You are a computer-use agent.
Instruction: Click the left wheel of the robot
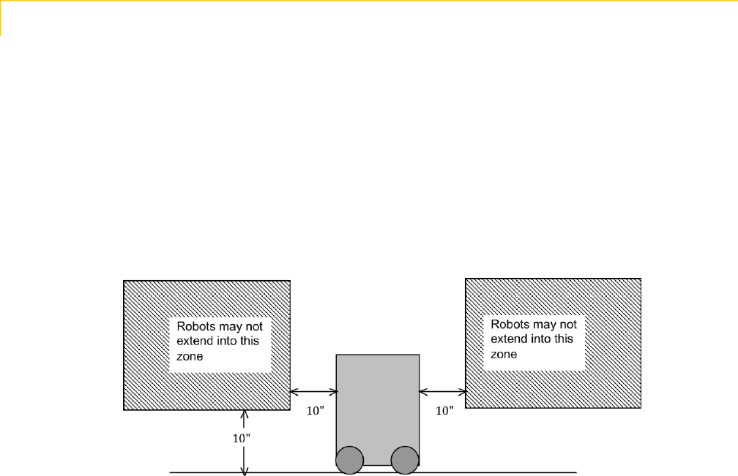point(349,460)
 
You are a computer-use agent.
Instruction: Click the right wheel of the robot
point(404,460)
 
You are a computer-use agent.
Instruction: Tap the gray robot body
point(377,398)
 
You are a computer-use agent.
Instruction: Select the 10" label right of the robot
point(444,411)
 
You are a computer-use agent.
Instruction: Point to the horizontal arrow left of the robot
point(313,391)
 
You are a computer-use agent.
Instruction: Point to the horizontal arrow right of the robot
point(443,391)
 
